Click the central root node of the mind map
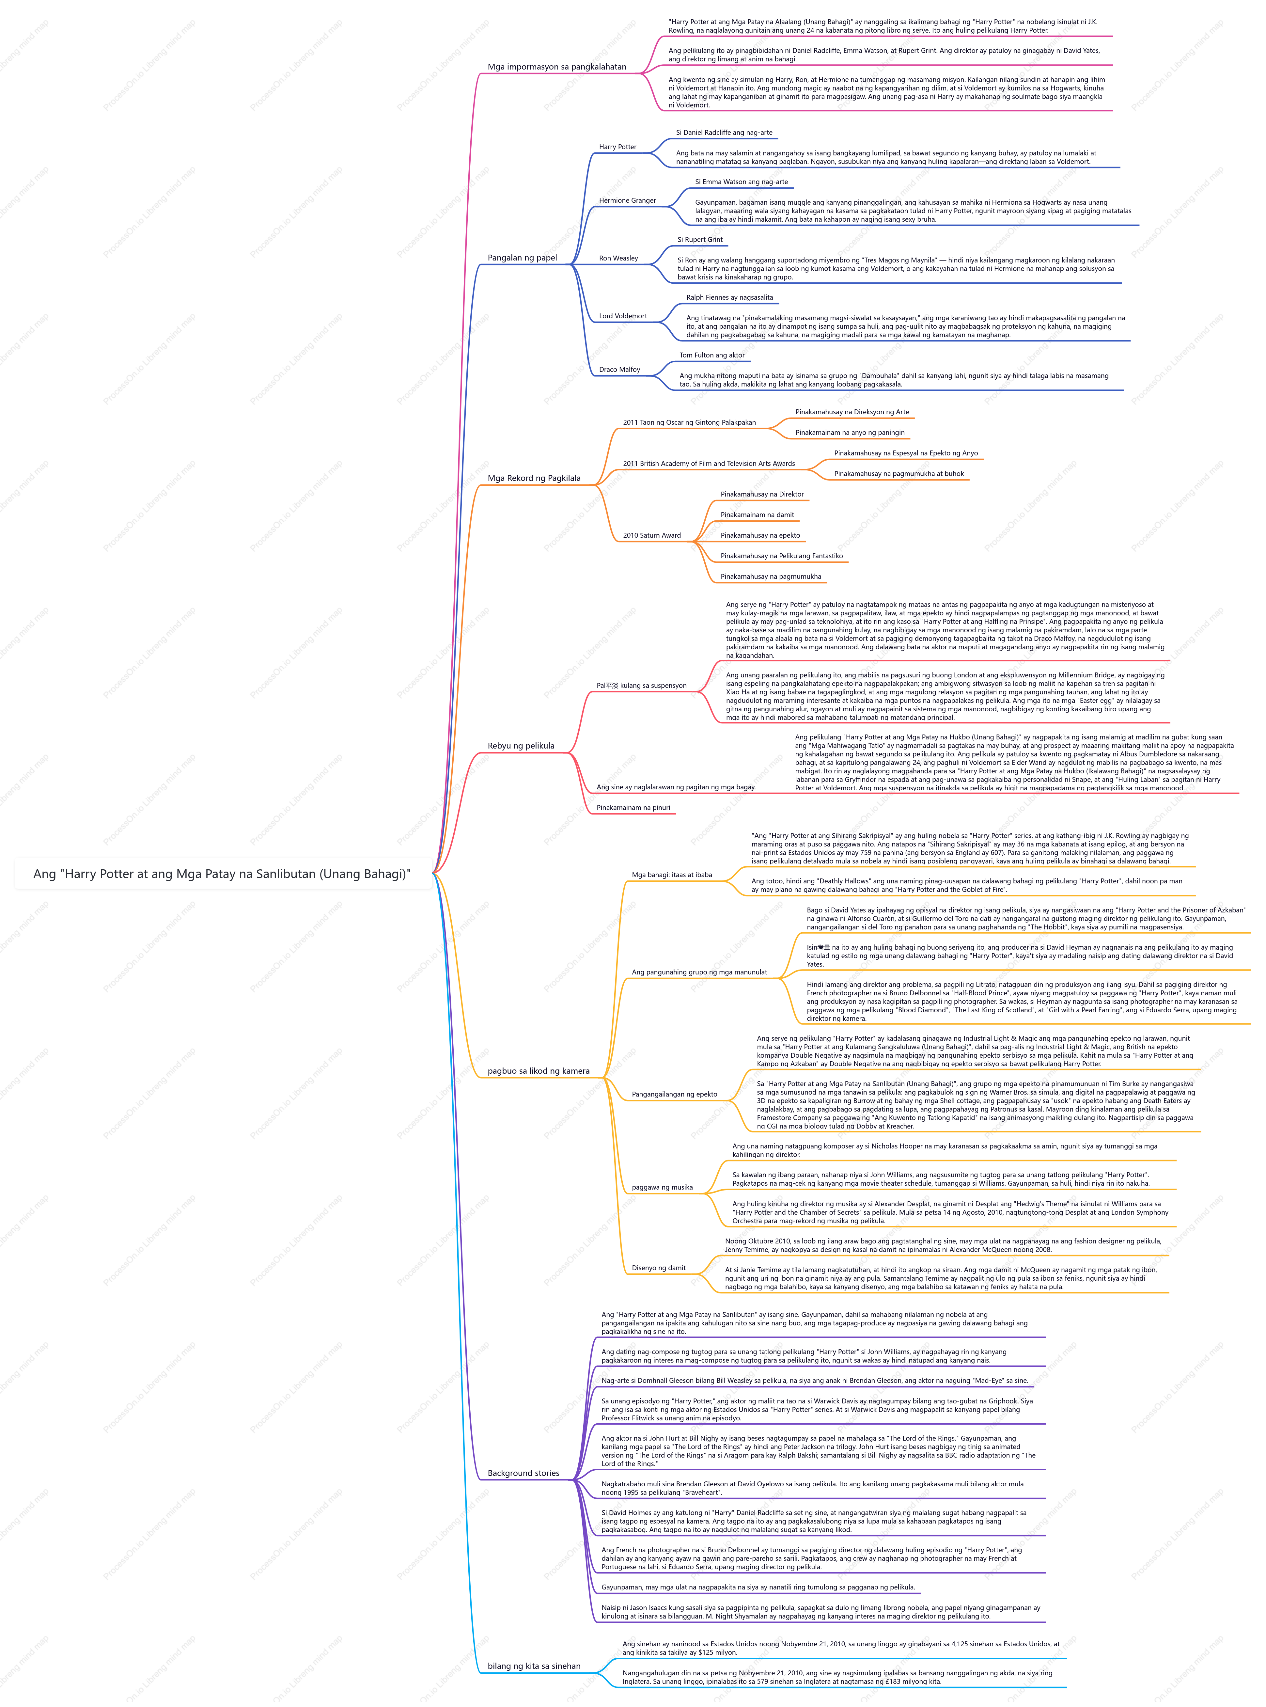pos(222,874)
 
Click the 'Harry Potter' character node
pos(618,147)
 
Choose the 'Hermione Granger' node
pos(628,201)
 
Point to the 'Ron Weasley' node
pos(618,258)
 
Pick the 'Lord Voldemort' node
pos(623,316)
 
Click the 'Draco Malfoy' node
pos(619,370)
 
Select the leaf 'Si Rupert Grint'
pos(700,240)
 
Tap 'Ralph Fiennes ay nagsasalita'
pos(729,297)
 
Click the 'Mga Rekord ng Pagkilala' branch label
pos(534,478)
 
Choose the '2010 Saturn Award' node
pos(651,536)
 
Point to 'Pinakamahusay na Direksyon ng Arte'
pos(852,412)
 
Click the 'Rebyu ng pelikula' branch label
pos(521,746)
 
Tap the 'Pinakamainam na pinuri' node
pos(633,808)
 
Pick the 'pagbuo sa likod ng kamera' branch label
pos(539,1072)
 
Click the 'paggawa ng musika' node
pos(662,1187)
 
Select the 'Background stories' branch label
pos(524,1473)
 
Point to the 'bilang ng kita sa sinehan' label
pos(534,1667)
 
